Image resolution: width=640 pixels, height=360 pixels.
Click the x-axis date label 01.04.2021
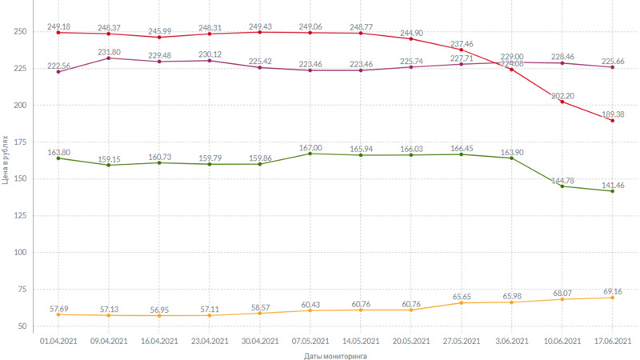(x=58, y=341)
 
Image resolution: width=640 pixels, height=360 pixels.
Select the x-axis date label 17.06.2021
(x=612, y=341)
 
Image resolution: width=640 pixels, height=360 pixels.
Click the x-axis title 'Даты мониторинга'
(x=335, y=356)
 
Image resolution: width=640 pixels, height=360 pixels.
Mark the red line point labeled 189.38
(x=612, y=121)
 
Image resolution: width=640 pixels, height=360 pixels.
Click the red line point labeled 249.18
(x=58, y=33)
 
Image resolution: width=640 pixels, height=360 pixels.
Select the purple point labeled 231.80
(x=108, y=58)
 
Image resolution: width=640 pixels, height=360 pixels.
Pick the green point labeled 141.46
(x=612, y=191)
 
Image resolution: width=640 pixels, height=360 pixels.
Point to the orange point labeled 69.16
(x=612, y=298)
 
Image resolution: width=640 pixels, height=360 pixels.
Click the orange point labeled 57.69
(x=58, y=314)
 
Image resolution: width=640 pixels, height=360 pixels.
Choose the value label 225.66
(x=612, y=60)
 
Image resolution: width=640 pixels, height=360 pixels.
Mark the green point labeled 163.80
(x=58, y=158)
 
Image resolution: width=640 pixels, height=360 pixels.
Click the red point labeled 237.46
(x=462, y=50)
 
